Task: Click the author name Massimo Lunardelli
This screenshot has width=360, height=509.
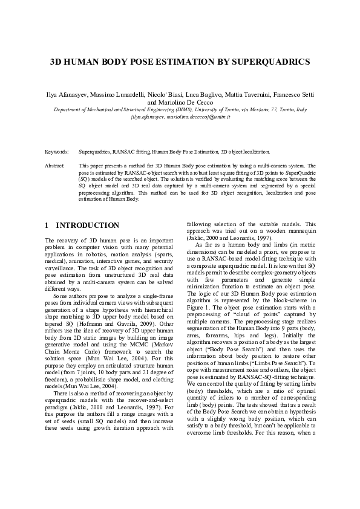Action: pos(125,96)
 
